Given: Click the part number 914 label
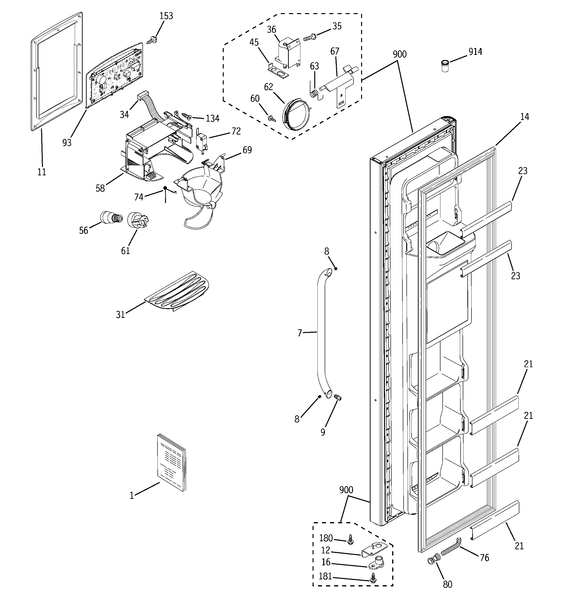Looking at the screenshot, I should click(x=475, y=52).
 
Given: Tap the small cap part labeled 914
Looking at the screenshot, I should click(x=445, y=66).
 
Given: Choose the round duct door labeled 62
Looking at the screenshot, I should click(x=296, y=114).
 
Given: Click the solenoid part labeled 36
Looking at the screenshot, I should click(x=288, y=53).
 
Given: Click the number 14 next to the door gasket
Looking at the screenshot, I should click(x=525, y=117).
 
